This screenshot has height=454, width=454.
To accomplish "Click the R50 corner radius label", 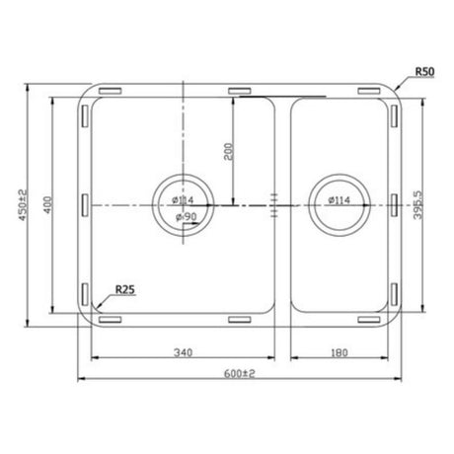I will click(424, 72).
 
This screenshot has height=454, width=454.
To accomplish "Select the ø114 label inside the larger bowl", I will click(181, 202).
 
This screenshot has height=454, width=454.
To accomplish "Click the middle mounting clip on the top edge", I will click(240, 90).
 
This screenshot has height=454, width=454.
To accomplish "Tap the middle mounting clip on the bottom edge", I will click(240, 320).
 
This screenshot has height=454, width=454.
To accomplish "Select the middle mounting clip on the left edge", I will click(82, 205).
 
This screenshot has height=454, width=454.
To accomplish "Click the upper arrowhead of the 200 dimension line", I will click(233, 101).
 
